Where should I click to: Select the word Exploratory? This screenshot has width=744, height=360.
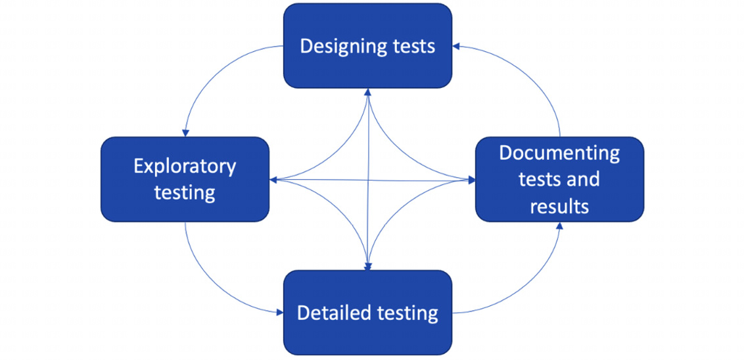pyautogui.click(x=185, y=168)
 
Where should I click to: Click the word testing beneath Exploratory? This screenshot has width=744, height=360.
pyautogui.click(x=185, y=194)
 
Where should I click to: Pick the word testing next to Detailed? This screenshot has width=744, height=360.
pyautogui.click(x=407, y=314)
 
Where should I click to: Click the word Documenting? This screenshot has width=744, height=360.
pyautogui.click(x=560, y=154)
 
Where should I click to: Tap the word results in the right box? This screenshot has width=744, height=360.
pyautogui.click(x=560, y=207)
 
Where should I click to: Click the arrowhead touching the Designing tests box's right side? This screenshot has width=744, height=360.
pyautogui.click(x=455, y=45)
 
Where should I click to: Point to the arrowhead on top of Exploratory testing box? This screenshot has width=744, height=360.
pyautogui.click(x=185, y=133)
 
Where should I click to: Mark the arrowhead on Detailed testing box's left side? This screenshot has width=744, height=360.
pyautogui.click(x=280, y=312)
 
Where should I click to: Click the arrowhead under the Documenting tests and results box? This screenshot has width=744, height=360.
pyautogui.click(x=560, y=225)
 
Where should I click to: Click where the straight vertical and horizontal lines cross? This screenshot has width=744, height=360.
pyautogui.click(x=368, y=180)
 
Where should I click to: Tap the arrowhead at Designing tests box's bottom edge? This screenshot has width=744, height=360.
pyautogui.click(x=368, y=92)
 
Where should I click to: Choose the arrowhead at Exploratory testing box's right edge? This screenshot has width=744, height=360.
pyautogui.click(x=274, y=180)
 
